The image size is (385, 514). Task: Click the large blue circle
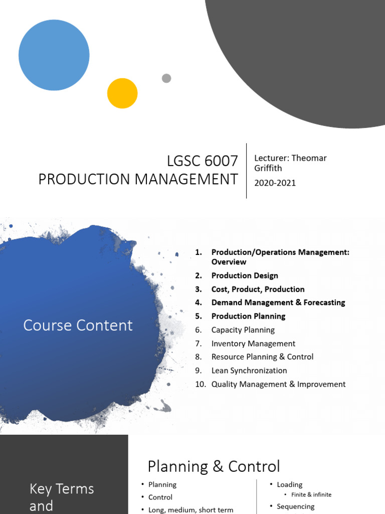[54, 55]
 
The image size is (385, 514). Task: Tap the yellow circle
[122, 93]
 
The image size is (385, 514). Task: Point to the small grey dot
[166, 78]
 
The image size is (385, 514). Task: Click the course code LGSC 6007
[202, 162]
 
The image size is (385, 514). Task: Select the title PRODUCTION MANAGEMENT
[138, 179]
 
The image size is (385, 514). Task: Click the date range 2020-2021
[275, 183]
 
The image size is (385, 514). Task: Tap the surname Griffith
[268, 168]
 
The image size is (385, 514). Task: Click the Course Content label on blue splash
[78, 325]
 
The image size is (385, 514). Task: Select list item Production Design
[245, 276]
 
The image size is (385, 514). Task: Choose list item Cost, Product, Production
[258, 289]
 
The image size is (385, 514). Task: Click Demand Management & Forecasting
[278, 303]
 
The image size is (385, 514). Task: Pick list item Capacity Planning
[243, 330]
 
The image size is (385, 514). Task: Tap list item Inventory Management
[253, 343]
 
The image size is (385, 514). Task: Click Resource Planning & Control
[262, 357]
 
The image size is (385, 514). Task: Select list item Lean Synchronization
[249, 370]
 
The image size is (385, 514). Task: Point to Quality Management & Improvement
[278, 384]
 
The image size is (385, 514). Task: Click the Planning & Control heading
[214, 466]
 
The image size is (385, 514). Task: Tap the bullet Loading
[289, 484]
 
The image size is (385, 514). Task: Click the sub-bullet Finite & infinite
[311, 495]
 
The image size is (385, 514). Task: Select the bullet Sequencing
[296, 506]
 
